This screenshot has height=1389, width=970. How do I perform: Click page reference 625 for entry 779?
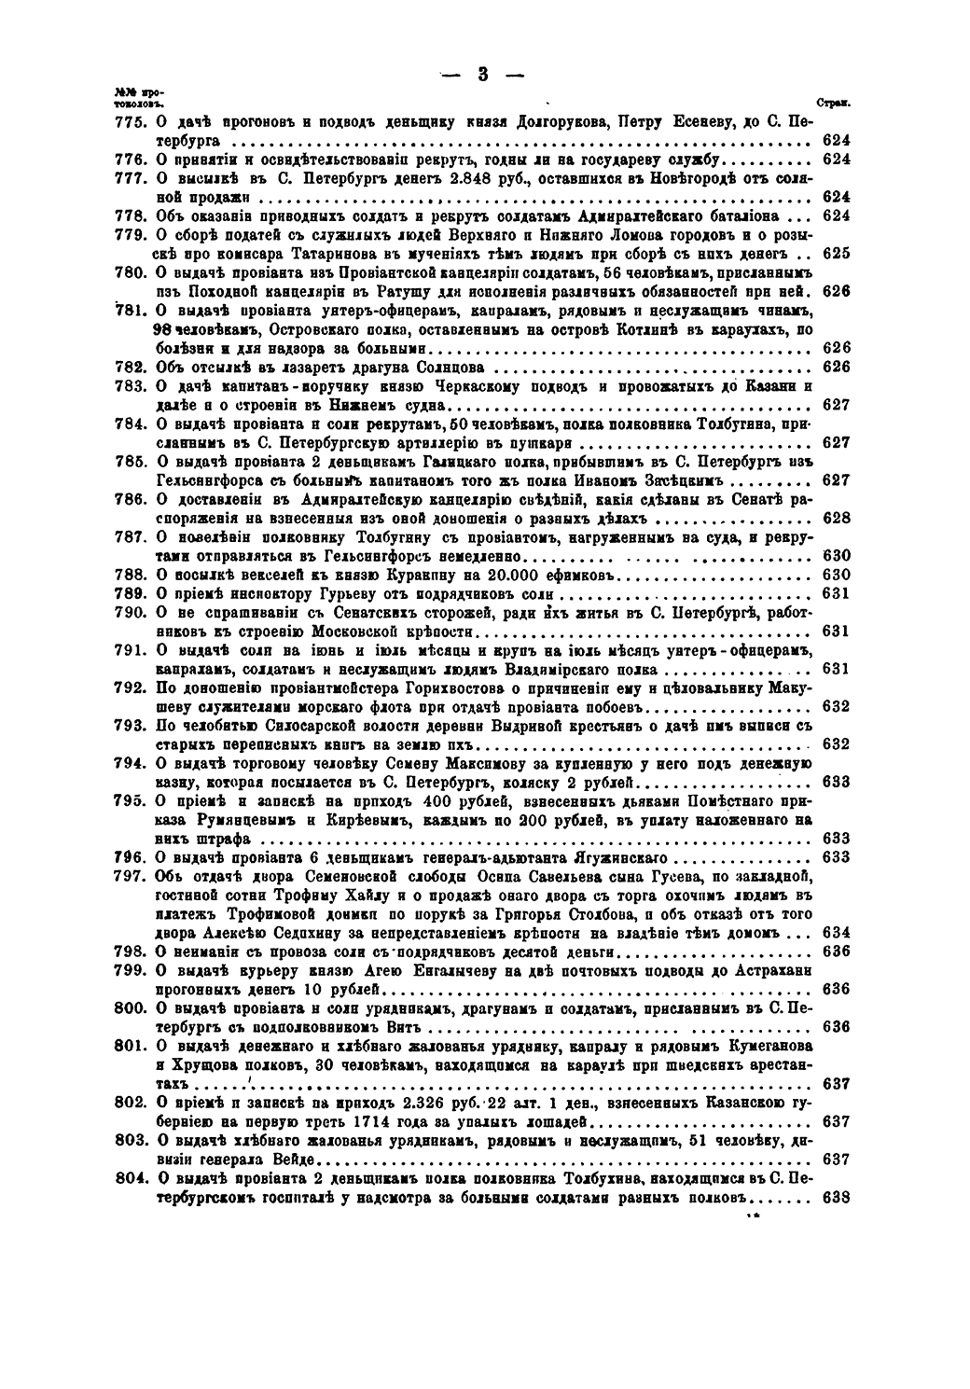[838, 254]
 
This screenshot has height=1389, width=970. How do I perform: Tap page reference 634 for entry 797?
[838, 933]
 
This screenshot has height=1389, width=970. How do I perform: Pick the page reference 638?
[838, 1198]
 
